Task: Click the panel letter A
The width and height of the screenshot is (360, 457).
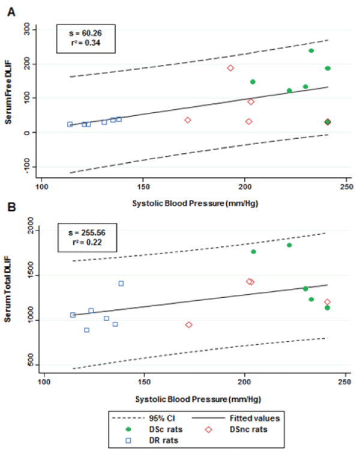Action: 10,11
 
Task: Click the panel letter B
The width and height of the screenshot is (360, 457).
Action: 10,208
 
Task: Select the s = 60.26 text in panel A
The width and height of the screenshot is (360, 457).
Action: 81,32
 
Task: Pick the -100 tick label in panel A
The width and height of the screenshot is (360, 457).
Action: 28,166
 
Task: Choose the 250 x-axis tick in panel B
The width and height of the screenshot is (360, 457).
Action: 344,381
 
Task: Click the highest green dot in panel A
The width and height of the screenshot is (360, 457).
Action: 311,50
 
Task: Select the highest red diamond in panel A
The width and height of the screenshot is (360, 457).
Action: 230,68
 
